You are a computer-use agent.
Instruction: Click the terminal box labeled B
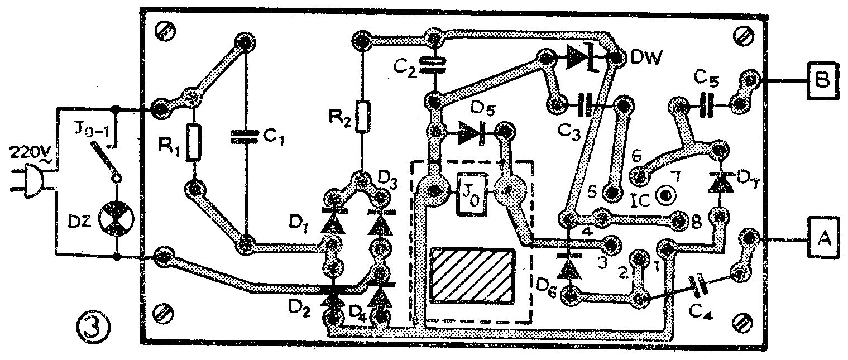pyautogui.click(x=822, y=80)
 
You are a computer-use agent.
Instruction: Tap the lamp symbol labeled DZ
pyautogui.click(x=116, y=219)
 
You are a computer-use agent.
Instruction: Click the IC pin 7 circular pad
pyautogui.click(x=667, y=195)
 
